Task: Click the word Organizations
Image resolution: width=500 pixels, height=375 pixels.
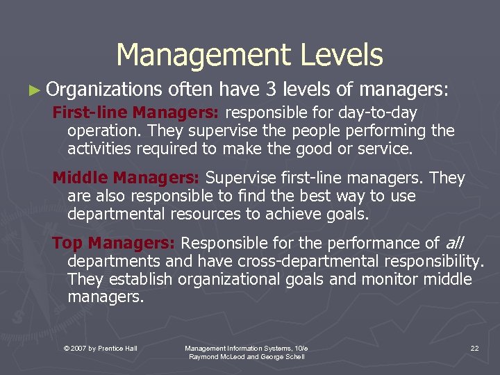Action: pos(103,90)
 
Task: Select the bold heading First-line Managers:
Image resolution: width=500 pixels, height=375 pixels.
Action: pos(136,112)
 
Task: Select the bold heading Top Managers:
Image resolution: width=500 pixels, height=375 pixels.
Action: pos(115,243)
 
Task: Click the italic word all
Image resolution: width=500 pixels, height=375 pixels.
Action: pos(454,243)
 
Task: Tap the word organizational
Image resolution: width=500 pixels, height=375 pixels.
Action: pos(234,279)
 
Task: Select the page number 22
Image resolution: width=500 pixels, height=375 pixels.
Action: pos(474,348)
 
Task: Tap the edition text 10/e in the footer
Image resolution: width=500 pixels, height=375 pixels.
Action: pos(300,348)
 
